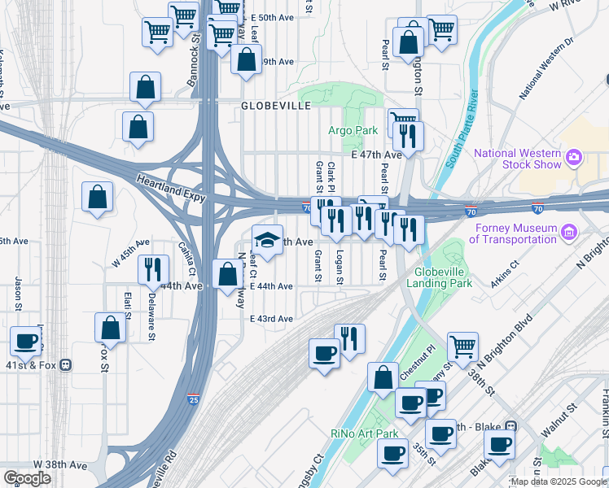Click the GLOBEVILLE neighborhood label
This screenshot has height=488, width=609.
[276, 107]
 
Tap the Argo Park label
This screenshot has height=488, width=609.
[353, 130]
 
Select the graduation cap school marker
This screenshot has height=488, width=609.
[267, 239]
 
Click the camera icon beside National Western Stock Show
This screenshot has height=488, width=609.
[575, 156]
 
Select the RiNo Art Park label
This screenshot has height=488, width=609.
[364, 433]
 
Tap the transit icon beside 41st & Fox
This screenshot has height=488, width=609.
[64, 365]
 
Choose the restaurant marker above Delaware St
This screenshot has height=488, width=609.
[153, 268]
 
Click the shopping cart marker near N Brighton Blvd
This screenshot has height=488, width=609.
[462, 345]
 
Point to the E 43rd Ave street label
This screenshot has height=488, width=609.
[271, 319]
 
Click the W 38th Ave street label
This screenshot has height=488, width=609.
[65, 465]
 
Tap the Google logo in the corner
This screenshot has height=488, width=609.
[27, 478]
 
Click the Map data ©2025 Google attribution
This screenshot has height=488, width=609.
[557, 481]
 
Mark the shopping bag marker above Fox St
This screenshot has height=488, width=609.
[110, 327]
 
